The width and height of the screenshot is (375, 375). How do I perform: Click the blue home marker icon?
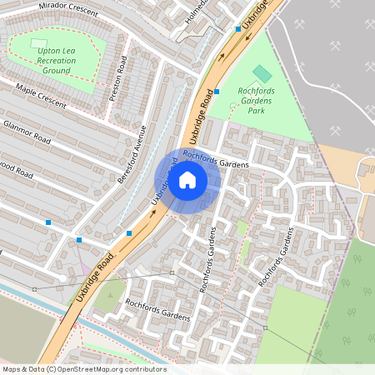pos(187,179)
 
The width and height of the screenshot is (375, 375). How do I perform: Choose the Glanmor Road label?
pos(27,132)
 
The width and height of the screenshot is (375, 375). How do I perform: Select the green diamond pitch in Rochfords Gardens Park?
pos(262,72)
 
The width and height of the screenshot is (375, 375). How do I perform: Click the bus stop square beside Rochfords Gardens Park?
pos(217,91)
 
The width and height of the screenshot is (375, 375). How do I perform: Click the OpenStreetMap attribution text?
pos(83,369)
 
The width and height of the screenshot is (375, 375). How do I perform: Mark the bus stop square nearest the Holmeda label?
pos(238,28)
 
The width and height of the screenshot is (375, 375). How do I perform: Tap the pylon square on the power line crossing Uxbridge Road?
pos(171,272)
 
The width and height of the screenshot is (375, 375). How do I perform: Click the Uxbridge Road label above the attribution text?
pos(92,282)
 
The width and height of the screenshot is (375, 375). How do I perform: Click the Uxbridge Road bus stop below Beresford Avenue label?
pos(129,233)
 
